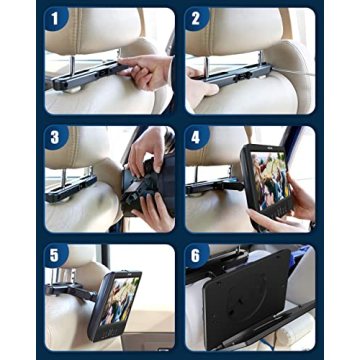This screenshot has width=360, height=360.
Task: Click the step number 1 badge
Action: coord(58,18)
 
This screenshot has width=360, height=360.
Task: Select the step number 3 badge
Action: coord(58,138)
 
